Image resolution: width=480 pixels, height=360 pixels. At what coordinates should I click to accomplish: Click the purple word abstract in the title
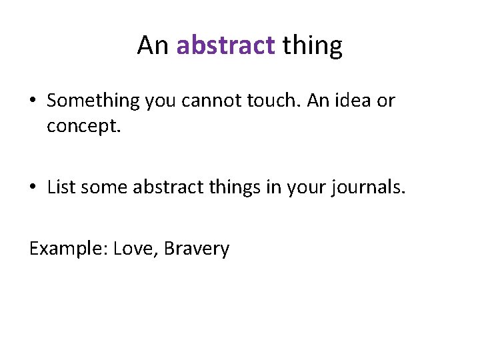coord(225,46)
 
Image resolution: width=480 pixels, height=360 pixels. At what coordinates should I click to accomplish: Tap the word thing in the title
coord(312,46)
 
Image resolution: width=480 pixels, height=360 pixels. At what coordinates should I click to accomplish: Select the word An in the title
coord(153,46)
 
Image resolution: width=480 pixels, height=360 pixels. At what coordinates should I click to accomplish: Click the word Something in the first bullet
coord(93,101)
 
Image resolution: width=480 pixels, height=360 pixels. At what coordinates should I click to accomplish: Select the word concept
coord(84,126)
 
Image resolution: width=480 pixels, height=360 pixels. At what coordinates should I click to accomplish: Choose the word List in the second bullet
coord(61,188)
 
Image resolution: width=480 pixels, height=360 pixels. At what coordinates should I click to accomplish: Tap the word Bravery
coord(197,249)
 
